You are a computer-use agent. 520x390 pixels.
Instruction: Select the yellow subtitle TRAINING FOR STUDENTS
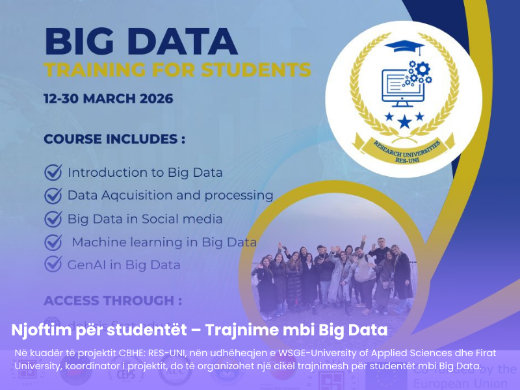click(177, 70)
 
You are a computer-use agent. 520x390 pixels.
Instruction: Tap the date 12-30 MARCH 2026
click(109, 99)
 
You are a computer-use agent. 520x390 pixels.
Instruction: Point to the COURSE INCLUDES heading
click(114, 139)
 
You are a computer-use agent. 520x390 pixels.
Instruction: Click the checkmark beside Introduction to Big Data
click(53, 172)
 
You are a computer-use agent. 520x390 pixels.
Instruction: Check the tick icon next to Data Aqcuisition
click(53, 195)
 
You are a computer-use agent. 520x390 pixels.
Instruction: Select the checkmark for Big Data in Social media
click(53, 219)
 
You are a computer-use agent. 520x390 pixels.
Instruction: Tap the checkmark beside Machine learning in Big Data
click(53, 242)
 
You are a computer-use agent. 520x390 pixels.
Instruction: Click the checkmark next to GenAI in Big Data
click(53, 265)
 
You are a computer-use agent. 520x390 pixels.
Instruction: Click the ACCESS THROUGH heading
click(112, 301)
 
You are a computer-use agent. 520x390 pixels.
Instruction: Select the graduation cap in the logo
click(403, 47)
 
